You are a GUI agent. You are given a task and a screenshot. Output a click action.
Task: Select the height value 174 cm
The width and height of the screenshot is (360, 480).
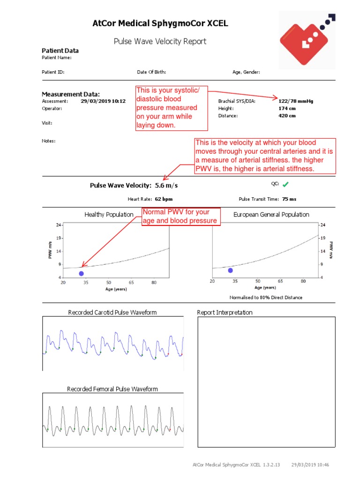tap(287, 108)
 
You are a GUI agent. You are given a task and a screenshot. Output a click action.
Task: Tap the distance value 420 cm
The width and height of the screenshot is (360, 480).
tap(287, 116)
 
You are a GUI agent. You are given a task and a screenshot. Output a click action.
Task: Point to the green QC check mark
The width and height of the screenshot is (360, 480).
tap(285, 185)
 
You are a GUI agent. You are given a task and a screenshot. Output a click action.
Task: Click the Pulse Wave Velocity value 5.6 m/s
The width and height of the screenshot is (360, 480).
tap(166, 186)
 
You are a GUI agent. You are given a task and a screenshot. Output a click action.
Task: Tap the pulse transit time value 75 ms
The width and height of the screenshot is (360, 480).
tap(289, 199)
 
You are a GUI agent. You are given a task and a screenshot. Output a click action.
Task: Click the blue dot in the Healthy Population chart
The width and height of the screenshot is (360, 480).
tap(82, 273)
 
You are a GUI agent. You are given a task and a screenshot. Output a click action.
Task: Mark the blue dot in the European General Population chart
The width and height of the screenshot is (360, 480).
tap(230, 270)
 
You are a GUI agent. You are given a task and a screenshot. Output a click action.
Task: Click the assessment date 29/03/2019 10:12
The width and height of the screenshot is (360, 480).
tap(103, 101)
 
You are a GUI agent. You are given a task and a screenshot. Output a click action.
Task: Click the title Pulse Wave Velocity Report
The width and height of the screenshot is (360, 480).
tap(160, 41)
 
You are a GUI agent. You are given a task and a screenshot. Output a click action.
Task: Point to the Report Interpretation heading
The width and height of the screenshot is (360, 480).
tap(225, 312)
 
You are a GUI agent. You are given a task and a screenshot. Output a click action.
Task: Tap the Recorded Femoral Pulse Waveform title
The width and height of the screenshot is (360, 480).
tap(112, 389)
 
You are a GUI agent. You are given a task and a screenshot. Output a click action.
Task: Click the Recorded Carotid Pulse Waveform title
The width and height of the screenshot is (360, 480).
tap(112, 312)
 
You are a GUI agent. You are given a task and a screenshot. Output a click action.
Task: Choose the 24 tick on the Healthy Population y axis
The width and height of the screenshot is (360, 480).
tap(59, 225)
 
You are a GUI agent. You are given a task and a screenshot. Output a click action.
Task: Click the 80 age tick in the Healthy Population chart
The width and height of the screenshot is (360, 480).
tap(154, 283)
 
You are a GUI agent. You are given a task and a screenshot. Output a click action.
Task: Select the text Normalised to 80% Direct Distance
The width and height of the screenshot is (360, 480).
tap(266, 298)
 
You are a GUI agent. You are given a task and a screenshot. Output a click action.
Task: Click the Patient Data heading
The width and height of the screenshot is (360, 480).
tap(60, 51)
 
